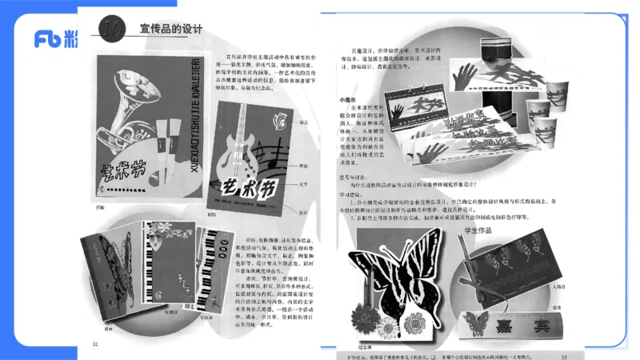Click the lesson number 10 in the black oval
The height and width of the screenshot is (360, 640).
coord(113,29)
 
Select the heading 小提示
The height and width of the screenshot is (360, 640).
coord(347,100)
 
